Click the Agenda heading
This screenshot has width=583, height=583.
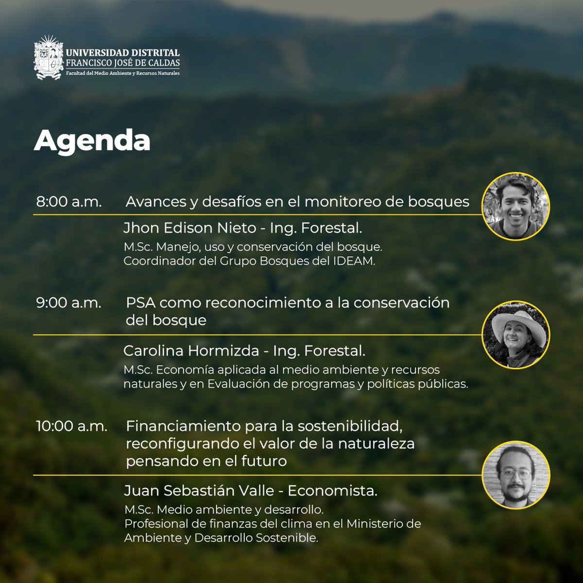click(x=92, y=141)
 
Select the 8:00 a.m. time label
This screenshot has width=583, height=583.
click(x=69, y=202)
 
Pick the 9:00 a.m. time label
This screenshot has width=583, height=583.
click(x=69, y=302)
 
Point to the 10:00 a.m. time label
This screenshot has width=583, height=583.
click(x=71, y=426)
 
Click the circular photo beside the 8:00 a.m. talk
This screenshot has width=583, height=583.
click(x=515, y=206)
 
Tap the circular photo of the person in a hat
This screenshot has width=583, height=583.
click(x=515, y=335)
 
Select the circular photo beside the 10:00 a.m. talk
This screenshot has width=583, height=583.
click(x=515, y=475)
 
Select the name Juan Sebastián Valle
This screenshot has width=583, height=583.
click(x=199, y=491)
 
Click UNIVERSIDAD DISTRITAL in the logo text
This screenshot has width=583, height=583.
click(x=123, y=53)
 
